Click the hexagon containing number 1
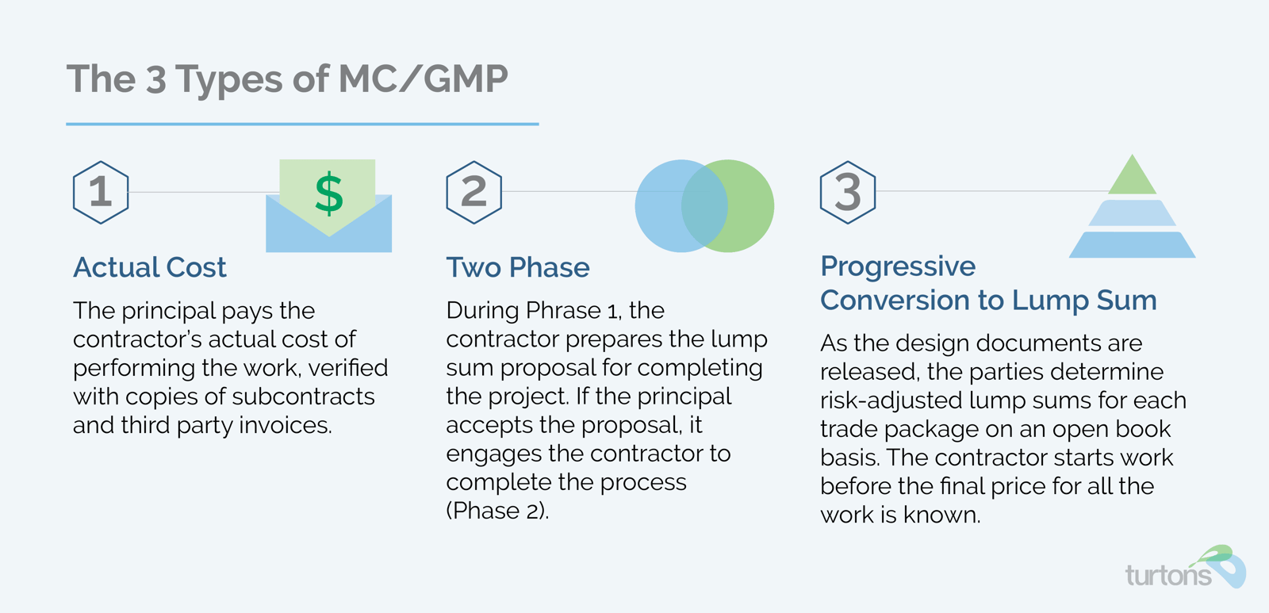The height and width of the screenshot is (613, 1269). point(101,162)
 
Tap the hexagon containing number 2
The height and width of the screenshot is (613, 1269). point(474,162)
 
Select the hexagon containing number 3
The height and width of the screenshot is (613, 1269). point(848,162)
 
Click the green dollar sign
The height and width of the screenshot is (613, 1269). point(329,194)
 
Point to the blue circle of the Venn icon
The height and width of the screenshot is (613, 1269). point(658,205)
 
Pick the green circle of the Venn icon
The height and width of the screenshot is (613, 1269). point(751,205)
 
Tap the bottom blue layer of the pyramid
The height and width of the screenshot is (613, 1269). point(1133,245)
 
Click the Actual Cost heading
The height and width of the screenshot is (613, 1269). point(150,266)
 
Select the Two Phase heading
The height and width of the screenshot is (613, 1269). point(518,266)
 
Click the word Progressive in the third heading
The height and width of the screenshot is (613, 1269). point(898,266)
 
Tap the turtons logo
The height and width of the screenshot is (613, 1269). point(1185,568)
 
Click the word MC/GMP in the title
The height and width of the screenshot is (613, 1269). point(423,79)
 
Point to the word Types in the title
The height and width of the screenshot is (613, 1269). point(229,80)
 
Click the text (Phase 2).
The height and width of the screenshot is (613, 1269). point(497,511)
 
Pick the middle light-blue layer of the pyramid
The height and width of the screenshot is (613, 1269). point(1133,213)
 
